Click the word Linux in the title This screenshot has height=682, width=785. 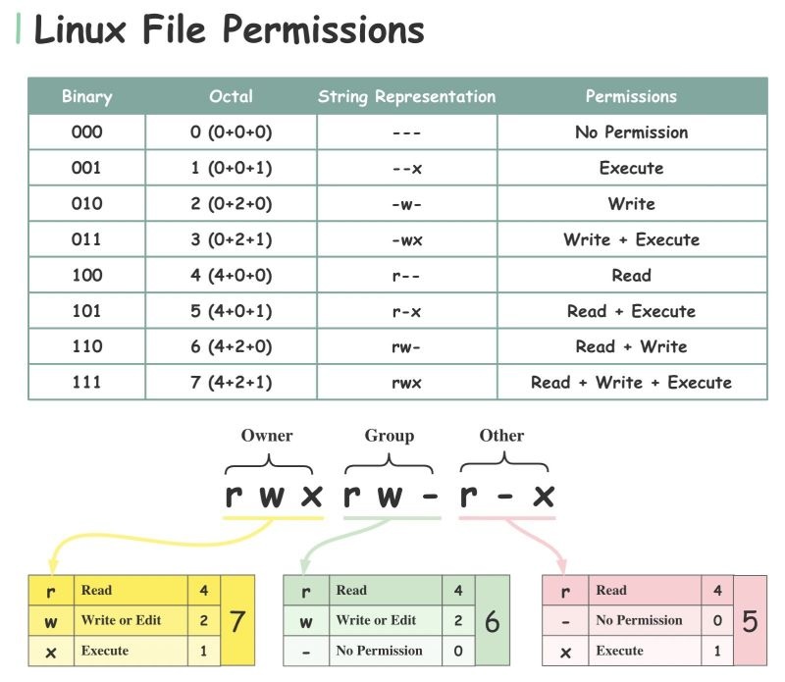(x=80, y=29)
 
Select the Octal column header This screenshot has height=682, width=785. (x=231, y=96)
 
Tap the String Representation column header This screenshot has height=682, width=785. (x=406, y=96)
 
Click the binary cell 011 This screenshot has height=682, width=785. (x=86, y=238)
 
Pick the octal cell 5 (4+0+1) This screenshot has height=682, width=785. (x=231, y=311)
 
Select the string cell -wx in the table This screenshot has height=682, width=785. (x=407, y=240)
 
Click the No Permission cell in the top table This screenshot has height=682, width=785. (x=631, y=132)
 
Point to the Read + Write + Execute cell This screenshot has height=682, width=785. (x=631, y=383)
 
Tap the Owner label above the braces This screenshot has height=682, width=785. (x=267, y=435)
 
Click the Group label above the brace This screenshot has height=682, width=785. (x=389, y=436)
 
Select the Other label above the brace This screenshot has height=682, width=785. (x=501, y=435)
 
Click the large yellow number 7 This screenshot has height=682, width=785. (x=236, y=621)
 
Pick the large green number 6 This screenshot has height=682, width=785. (x=493, y=621)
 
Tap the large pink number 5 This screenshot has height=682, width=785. (x=750, y=621)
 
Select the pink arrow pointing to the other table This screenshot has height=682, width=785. (x=538, y=544)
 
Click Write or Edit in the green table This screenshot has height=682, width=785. (x=376, y=620)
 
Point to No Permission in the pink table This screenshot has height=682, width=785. (x=639, y=620)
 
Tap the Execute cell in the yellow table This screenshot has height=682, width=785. (x=105, y=651)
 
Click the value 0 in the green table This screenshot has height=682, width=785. (x=458, y=651)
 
